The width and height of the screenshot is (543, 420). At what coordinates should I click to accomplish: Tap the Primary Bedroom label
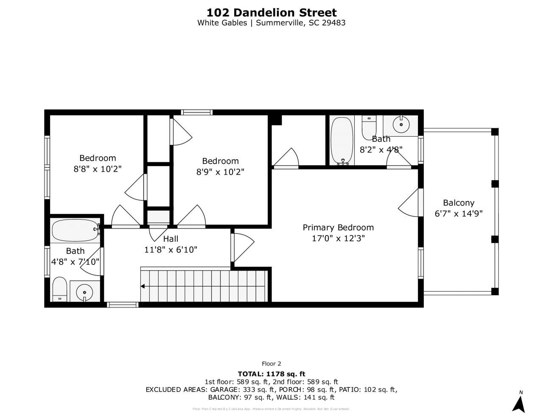pyautogui.click(x=338, y=228)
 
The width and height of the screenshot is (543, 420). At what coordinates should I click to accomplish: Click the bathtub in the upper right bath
pyautogui.click(x=342, y=140)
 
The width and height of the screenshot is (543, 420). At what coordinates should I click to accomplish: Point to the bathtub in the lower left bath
pyautogui.click(x=75, y=230)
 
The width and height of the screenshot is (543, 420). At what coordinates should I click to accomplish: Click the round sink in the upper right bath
pyautogui.click(x=401, y=124)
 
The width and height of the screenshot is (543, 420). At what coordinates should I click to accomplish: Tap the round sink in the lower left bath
pyautogui.click(x=85, y=292)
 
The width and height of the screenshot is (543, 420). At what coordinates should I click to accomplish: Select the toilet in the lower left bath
pyautogui.click(x=60, y=289)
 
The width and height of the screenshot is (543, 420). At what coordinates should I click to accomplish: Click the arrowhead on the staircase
pyautogui.click(x=143, y=287)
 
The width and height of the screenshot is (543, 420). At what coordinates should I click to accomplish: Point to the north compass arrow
pyautogui.click(x=518, y=403)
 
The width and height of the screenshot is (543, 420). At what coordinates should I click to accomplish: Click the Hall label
pyautogui.click(x=171, y=239)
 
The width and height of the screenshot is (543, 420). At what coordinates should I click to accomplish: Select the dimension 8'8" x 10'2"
pyautogui.click(x=98, y=169)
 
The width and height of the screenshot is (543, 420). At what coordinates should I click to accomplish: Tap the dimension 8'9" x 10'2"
pyautogui.click(x=220, y=172)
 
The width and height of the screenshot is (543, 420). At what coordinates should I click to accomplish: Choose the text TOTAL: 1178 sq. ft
pyautogui.click(x=271, y=374)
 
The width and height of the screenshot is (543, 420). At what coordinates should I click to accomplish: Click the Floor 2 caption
pyautogui.click(x=271, y=364)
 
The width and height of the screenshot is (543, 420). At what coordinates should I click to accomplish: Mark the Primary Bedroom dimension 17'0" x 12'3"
pyautogui.click(x=338, y=239)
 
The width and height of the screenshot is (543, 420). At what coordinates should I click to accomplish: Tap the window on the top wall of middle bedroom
pyautogui.click(x=196, y=113)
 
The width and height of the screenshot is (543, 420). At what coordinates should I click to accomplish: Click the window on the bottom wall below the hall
pyautogui.click(x=122, y=304)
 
